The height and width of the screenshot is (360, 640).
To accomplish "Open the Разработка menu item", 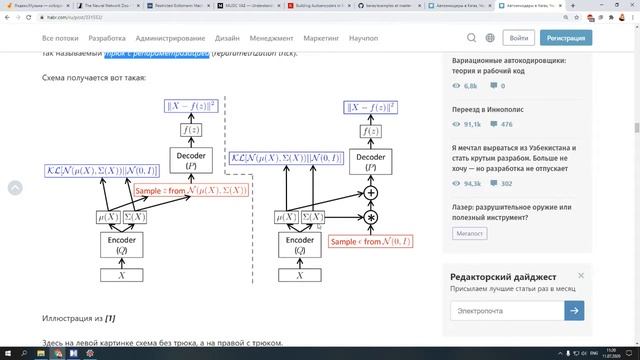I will (120, 38).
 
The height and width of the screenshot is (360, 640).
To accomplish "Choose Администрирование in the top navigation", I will (190, 38).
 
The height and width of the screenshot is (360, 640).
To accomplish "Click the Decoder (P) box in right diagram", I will (371, 162).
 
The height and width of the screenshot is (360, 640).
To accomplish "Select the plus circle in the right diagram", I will (371, 192).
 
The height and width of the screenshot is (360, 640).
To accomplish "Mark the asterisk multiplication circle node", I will (371, 217).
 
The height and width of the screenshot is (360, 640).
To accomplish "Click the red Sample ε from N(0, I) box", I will (371, 242).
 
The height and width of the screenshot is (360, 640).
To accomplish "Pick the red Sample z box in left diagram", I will (190, 190).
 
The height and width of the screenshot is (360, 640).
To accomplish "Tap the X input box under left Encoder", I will (121, 275).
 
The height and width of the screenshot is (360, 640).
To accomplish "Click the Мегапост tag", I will (470, 233).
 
